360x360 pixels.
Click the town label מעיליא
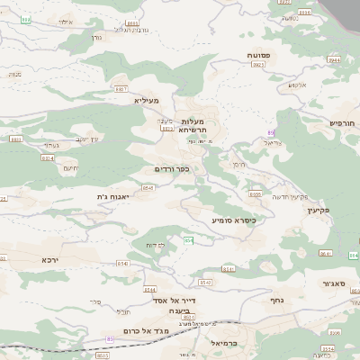[146, 101]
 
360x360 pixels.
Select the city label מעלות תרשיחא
[193, 125]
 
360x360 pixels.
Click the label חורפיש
[343, 121]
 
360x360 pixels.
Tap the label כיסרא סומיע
[234, 219]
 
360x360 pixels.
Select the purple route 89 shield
[270, 132]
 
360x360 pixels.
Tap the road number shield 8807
[121, 89]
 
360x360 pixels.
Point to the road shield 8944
[334, 59]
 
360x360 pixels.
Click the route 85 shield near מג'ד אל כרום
[112, 338]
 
